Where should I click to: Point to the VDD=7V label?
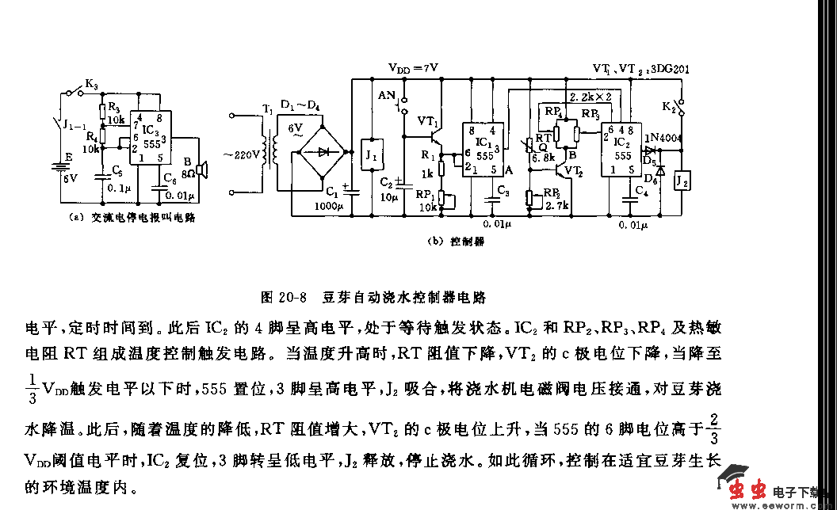412,69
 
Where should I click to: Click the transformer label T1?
268,108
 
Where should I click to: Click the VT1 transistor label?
428,120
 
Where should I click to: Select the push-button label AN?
387,95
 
